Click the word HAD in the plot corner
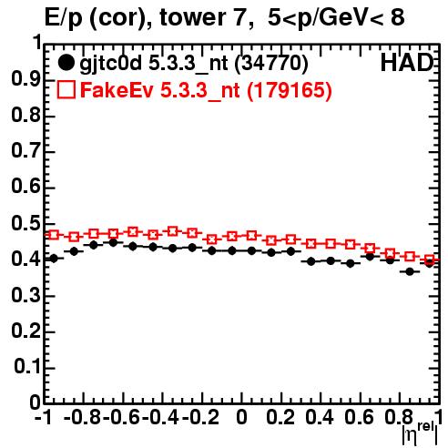tap(407, 63)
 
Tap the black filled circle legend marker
tap(66, 63)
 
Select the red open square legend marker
tap(66, 89)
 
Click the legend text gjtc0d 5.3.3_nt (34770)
tap(194, 64)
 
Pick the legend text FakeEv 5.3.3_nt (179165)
tap(206, 90)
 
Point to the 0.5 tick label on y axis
tap(26, 223)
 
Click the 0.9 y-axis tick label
tap(26, 79)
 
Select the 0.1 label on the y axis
tap(27, 367)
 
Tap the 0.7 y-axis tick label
tap(26, 151)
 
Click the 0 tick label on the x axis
tap(241, 417)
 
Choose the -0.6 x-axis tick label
tap(121, 417)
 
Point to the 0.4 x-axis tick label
tap(320, 417)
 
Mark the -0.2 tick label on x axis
tap(200, 417)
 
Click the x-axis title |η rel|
tap(420, 434)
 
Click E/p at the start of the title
tap(64, 19)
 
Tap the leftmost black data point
tap(54, 259)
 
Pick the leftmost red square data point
tap(54, 235)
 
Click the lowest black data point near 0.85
tap(410, 271)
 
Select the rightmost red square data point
tap(429, 260)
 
